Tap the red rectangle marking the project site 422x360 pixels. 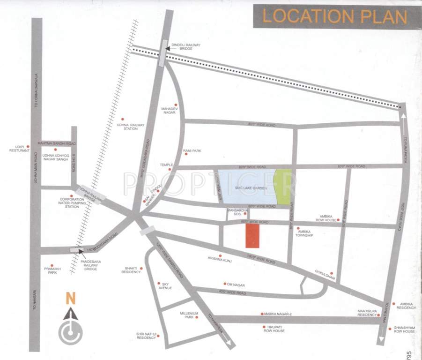point(252,235)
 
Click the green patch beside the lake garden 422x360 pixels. point(281,187)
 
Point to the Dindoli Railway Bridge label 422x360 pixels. point(186,46)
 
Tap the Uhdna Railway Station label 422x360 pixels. point(131,127)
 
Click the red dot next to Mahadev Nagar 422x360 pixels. point(176,105)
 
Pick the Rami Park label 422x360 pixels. point(192,150)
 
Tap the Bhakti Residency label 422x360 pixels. point(131,270)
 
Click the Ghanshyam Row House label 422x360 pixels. point(404,329)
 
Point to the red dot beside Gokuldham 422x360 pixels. point(331,273)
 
